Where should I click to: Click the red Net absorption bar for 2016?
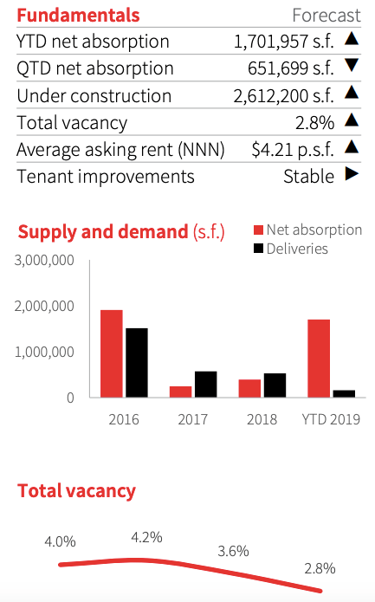112,353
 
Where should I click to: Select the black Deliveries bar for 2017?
206,385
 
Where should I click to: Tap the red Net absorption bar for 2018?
249,389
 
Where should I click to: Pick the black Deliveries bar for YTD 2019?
344,394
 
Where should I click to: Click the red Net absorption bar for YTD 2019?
319,359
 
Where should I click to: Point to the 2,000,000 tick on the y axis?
44,306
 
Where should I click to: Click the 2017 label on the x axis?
192,419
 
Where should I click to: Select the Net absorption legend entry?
307,230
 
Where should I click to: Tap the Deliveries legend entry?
291,249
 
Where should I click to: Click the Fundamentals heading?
78,16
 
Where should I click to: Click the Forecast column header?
327,16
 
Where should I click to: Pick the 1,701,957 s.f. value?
284,42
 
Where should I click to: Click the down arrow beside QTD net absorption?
352,65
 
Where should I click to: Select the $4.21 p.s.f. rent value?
293,150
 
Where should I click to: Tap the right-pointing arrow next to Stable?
352,174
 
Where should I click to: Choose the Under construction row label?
94,96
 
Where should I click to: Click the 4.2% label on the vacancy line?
146,537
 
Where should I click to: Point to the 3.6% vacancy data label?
233,551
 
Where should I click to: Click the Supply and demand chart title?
121,232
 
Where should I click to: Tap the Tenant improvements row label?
106,177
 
